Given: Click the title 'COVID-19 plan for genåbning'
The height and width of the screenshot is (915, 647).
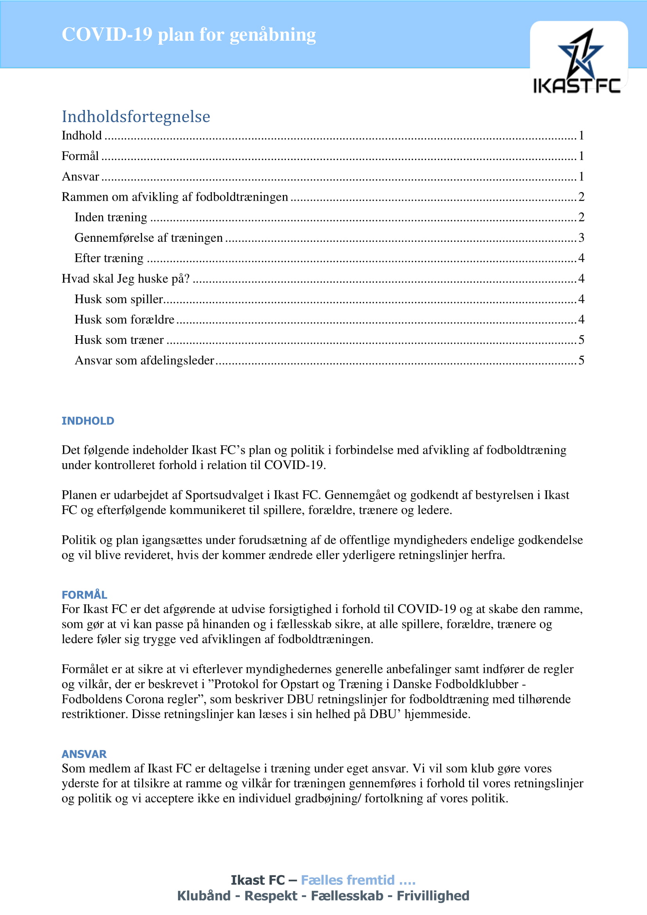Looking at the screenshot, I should point(189,35).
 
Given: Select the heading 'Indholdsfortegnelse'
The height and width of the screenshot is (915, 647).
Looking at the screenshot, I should point(136,116).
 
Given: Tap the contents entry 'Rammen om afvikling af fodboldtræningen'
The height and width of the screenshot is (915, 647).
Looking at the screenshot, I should point(174,197).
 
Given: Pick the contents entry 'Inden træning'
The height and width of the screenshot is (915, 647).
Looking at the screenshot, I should point(111,217).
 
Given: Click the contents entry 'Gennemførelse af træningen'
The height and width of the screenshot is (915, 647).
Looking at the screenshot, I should point(149,238).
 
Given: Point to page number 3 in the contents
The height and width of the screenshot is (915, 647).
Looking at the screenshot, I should point(581,238).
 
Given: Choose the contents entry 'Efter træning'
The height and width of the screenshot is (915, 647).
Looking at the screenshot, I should point(109,258).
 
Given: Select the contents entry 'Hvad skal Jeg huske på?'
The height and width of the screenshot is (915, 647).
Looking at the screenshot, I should point(126,279).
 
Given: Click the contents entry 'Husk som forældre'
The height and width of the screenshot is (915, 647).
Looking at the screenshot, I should point(124,320).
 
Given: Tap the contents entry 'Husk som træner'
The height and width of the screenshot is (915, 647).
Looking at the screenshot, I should point(119,340).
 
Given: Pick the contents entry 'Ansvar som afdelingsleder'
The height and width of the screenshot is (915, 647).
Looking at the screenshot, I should point(144,361).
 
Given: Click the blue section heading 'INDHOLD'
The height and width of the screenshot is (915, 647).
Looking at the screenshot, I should point(88,421).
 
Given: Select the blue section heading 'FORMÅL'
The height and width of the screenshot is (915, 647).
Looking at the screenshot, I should point(84,595).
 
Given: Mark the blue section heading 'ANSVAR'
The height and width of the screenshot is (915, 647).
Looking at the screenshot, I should point(84,754).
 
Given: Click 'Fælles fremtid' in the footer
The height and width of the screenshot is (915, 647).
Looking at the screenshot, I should point(347,880).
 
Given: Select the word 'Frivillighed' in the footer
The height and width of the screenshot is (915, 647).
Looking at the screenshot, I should point(433,896).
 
